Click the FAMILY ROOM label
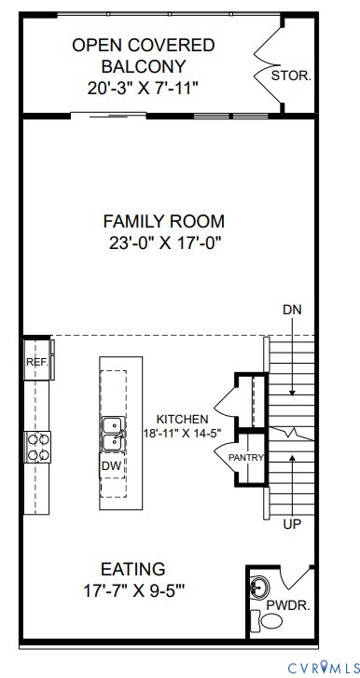[x=163, y=221]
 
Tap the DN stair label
[x=292, y=310]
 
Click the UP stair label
[x=292, y=525]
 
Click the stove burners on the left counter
[x=37, y=446]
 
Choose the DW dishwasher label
[x=111, y=464]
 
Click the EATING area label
[x=132, y=568]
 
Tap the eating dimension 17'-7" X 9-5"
[x=132, y=589]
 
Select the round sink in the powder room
[x=261, y=588]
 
